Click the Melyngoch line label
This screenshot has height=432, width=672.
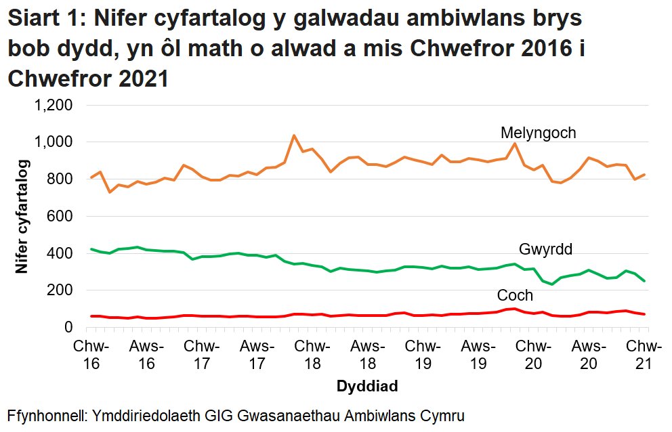(538, 133)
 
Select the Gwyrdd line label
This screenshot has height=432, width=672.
(545, 249)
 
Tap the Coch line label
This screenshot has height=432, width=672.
(515, 296)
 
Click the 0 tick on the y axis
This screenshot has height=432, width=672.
(67, 327)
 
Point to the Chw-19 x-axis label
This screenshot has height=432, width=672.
(423, 354)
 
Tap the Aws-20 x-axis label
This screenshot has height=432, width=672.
(589, 354)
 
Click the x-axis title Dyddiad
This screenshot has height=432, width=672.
(366, 387)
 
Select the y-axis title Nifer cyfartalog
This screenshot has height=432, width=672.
(23, 216)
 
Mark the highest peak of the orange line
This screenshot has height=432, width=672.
(293, 135)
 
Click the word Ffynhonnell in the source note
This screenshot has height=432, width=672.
(45, 414)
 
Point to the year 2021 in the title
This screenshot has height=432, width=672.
(138, 79)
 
